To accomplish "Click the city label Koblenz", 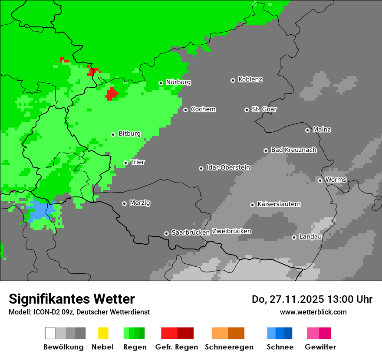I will pos(250,80).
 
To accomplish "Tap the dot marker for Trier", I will pos(125,163).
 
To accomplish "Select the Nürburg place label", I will pos(178,82).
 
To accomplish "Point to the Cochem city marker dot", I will pos(185,110).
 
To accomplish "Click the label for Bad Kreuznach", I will pos(293,150).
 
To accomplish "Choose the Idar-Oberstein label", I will pos(228,168).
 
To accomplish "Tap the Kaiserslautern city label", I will pos(279,204).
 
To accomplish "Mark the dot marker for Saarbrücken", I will pos(166,233).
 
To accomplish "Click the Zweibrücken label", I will pos(231,232).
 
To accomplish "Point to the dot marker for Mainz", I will pos(307,130).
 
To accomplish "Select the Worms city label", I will pos(336,180).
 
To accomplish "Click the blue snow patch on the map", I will pos(39,210).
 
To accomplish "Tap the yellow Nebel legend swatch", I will pos(103,333).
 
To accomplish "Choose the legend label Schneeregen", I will pos(229,347).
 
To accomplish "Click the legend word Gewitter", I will pos(320,347).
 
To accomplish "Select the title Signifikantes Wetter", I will pos(72,299).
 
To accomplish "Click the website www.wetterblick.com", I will pos(313,312).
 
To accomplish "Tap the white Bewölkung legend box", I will pos(50,333).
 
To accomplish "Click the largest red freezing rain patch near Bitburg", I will pos(112,93).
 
